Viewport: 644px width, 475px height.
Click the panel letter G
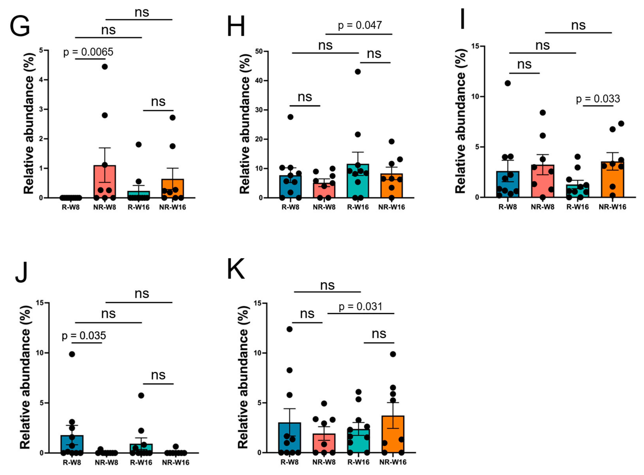(x=19, y=26)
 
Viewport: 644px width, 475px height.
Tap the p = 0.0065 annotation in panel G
(x=88, y=52)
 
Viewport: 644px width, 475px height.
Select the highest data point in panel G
(x=105, y=67)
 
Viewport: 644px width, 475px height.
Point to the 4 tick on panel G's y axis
(x=41, y=80)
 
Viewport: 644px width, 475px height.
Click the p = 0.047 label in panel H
(x=360, y=25)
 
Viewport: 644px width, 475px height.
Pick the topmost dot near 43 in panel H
(x=358, y=72)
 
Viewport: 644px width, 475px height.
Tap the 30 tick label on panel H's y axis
(x=259, y=110)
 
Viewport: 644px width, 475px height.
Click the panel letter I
(x=462, y=19)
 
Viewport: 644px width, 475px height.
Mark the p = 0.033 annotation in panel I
(x=598, y=99)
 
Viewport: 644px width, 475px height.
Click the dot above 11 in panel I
(x=508, y=83)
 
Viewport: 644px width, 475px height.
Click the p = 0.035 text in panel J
(x=84, y=336)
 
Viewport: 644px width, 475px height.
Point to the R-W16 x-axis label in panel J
(x=141, y=463)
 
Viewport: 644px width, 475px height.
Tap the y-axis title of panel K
(x=243, y=377)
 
